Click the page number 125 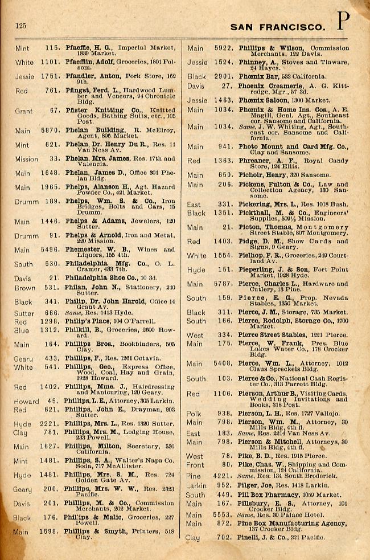coord(21,26)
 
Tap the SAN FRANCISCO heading coord(278,27)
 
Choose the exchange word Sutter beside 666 coord(25,313)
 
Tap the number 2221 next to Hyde coord(51,424)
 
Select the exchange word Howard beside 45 coord(26,402)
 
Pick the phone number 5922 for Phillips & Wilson coord(224,48)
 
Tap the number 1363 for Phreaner coord(224,161)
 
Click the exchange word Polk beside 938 coord(195,414)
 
